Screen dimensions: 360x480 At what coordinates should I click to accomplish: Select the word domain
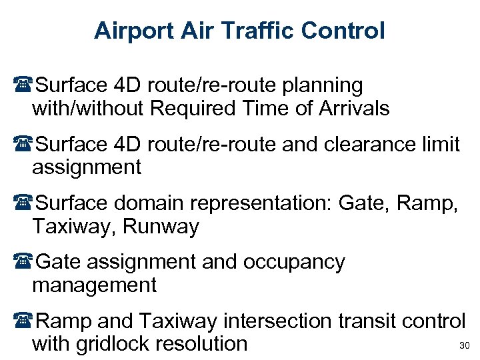145,203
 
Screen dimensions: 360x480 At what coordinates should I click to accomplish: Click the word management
94,285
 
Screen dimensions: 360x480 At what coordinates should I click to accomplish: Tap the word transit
361,321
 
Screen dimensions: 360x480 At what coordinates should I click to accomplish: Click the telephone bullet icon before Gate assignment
25,263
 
